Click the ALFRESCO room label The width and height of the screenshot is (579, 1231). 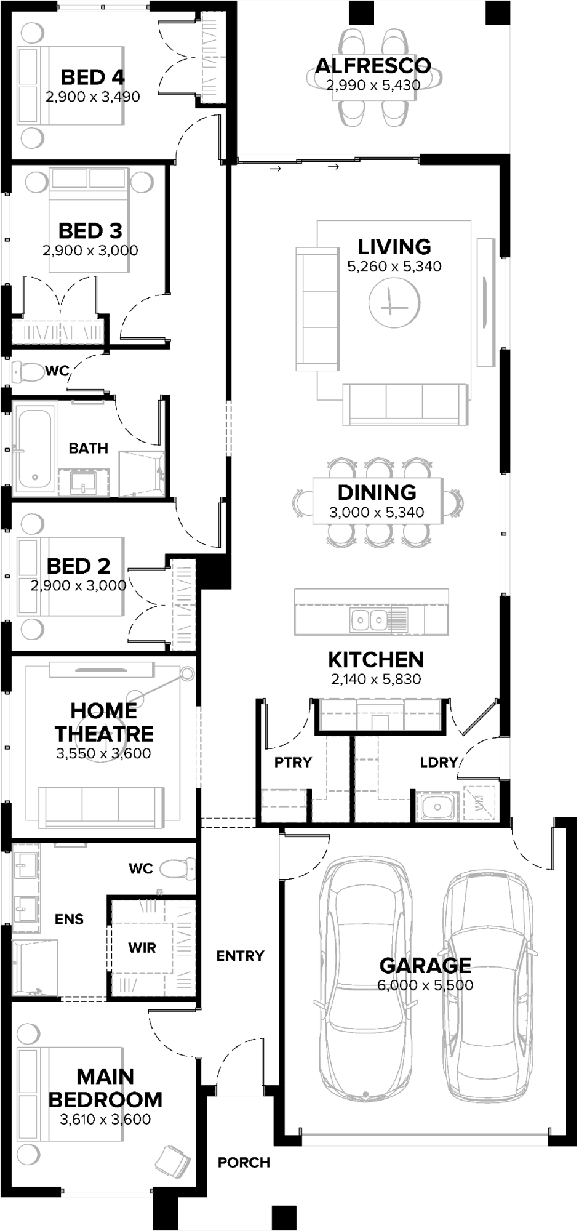pyautogui.click(x=373, y=66)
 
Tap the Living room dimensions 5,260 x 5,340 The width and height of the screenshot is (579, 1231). pyautogui.click(x=394, y=267)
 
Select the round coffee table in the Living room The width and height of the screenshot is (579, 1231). pyautogui.click(x=394, y=303)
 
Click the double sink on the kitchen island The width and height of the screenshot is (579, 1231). pyautogui.click(x=370, y=620)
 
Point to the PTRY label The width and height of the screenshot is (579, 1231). pyautogui.click(x=293, y=762)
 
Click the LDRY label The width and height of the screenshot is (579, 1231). pyautogui.click(x=439, y=763)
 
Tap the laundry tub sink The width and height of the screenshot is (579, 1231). pyautogui.click(x=436, y=806)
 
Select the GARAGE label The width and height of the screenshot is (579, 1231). pyautogui.click(x=425, y=964)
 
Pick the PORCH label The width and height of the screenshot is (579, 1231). pyautogui.click(x=244, y=1163)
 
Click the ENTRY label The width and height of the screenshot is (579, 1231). pyautogui.click(x=240, y=956)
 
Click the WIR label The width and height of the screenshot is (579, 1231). pyautogui.click(x=142, y=948)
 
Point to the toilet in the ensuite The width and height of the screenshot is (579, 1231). pyautogui.click(x=175, y=868)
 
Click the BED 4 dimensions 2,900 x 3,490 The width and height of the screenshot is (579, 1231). pyautogui.click(x=93, y=97)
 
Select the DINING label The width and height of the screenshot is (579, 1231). pyautogui.click(x=377, y=492)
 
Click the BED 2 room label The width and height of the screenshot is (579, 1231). pyautogui.click(x=79, y=566)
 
